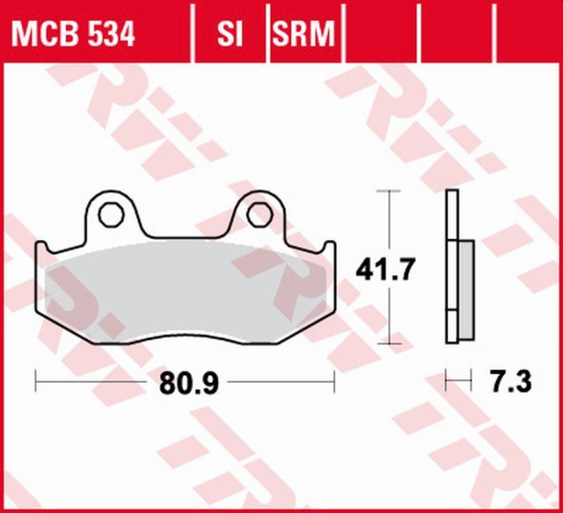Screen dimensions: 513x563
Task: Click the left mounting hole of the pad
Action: [x=109, y=215]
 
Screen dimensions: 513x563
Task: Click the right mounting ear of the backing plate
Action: [x=258, y=211]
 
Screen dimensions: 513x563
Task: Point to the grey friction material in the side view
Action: [x=464, y=290]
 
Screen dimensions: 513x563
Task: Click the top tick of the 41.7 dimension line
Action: [x=388, y=191]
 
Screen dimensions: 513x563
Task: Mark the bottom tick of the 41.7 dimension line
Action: [x=388, y=344]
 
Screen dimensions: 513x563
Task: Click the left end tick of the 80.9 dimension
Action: [x=35, y=382]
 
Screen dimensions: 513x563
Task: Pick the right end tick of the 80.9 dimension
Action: [x=334, y=382]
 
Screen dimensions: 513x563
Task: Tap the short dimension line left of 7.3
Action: [x=457, y=382]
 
